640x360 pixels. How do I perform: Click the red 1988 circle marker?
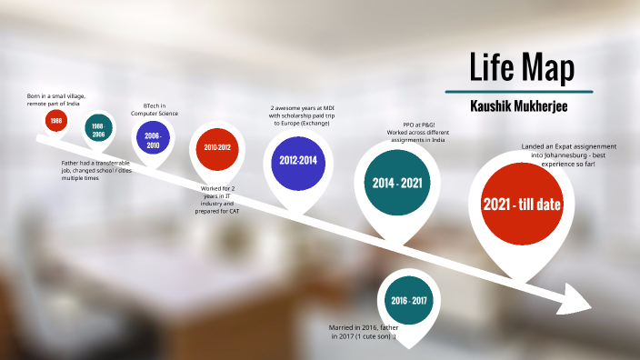pos(56,120)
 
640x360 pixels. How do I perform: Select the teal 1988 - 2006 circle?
pos(98,129)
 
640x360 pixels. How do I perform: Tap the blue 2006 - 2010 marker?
pos(152,140)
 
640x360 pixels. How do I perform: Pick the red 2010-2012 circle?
pos(217,147)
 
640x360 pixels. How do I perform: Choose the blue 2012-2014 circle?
pos(298,160)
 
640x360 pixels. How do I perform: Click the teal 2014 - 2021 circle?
pos(397,183)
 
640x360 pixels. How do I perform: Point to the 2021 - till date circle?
pos(522,205)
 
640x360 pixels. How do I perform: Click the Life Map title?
pos(521,67)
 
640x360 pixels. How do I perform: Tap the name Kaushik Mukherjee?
pos(521,105)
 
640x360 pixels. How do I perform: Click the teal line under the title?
pos(519,92)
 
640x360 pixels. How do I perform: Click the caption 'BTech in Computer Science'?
pos(155,109)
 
